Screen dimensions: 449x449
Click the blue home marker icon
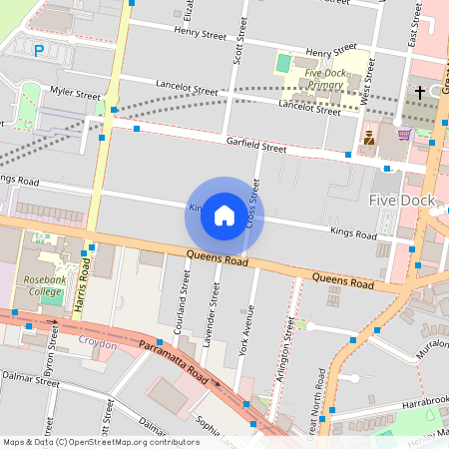click(x=224, y=215)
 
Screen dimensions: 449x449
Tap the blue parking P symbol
click(x=39, y=50)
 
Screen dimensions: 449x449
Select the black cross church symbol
click(x=420, y=93)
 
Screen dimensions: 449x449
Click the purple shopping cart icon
click(x=404, y=135)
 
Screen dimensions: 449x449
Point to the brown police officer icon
click(x=369, y=138)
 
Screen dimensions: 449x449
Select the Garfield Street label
click(x=255, y=147)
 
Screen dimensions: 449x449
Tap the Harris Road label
click(x=86, y=286)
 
